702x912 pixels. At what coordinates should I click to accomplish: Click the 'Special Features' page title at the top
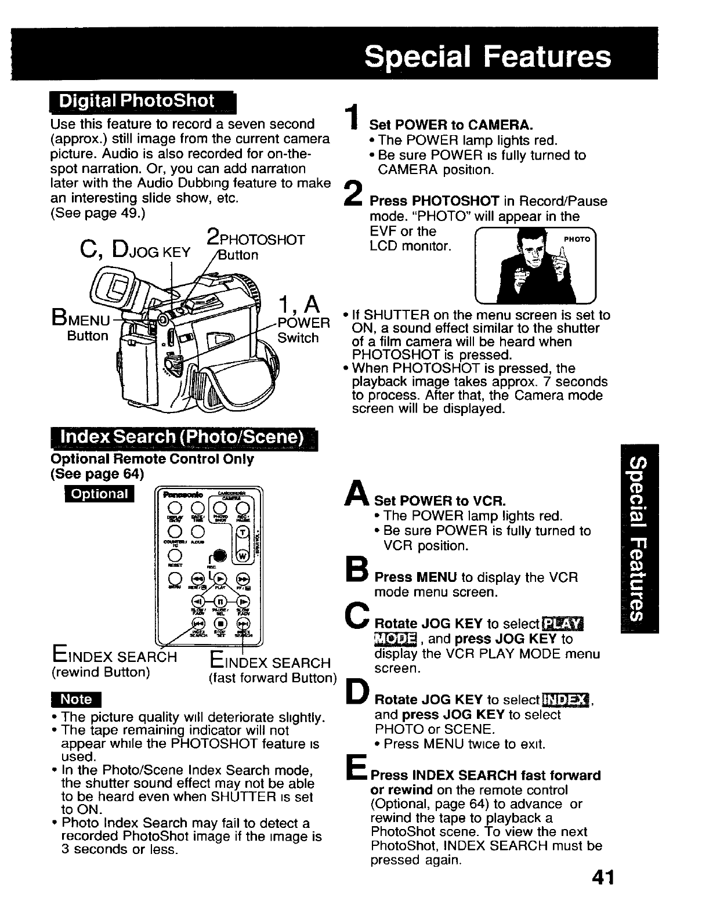pyautogui.click(x=487, y=57)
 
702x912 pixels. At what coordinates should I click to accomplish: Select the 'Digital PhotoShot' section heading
pyautogui.click(x=139, y=101)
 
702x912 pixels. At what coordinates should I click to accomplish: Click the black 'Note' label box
pyautogui.click(x=76, y=700)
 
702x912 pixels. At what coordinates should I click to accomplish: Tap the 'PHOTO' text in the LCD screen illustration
pyautogui.click(x=578, y=239)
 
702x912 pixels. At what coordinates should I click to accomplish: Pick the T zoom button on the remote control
pyautogui.click(x=243, y=533)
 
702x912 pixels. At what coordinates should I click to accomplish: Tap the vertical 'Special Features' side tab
pyautogui.click(x=639, y=538)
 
